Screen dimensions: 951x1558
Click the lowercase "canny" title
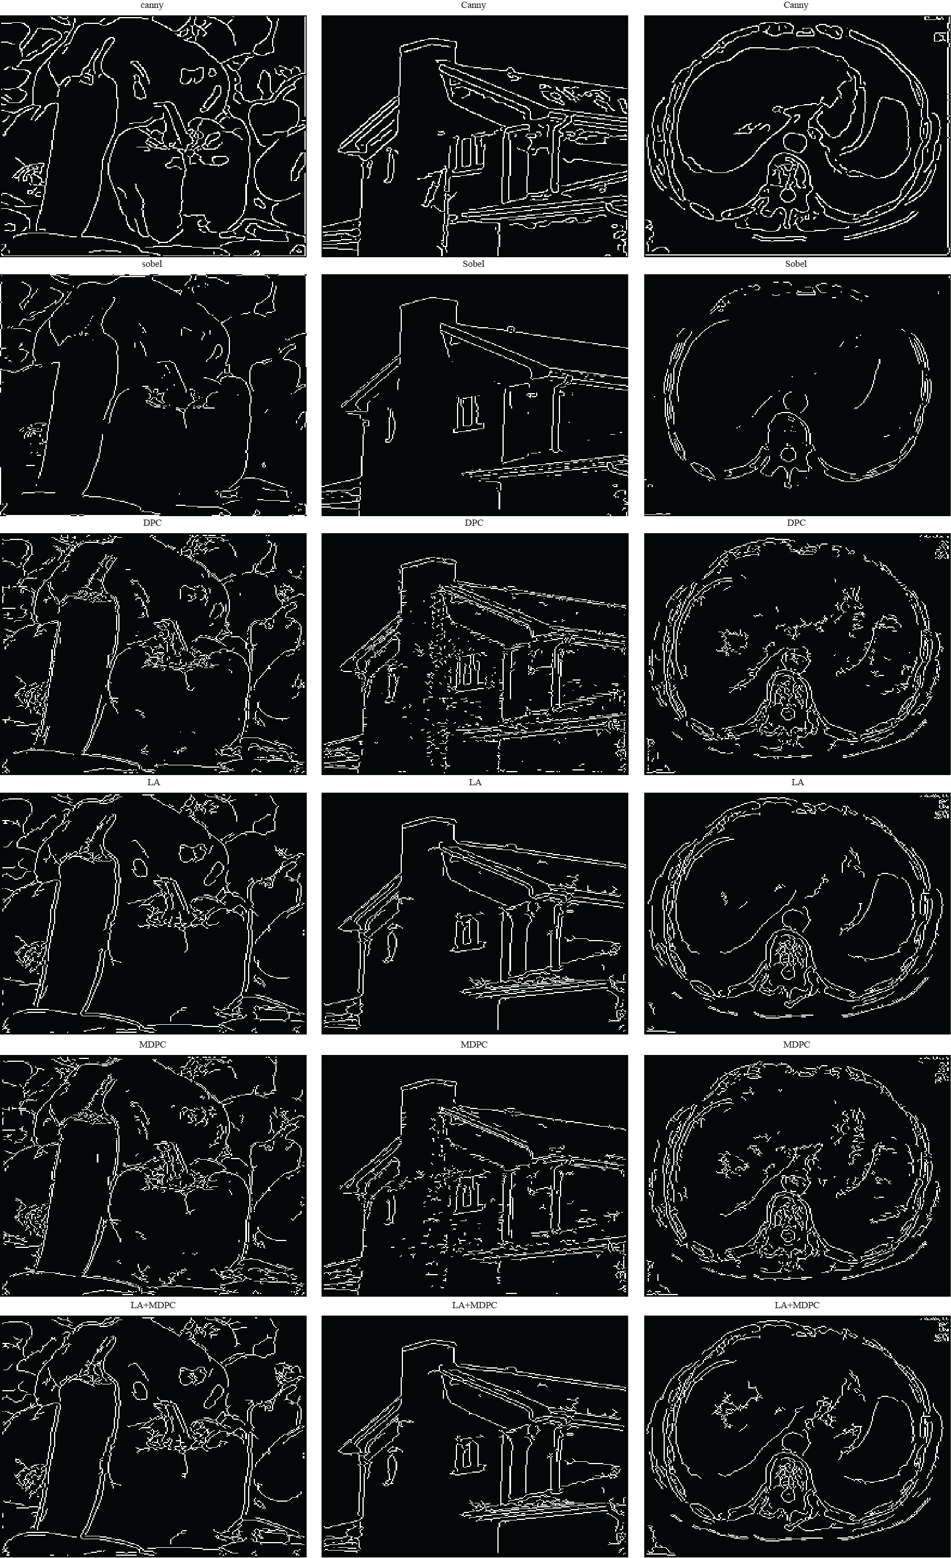click(x=152, y=5)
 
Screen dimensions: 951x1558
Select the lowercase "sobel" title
click(x=152, y=263)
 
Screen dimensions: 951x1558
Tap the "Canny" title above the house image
click(x=474, y=5)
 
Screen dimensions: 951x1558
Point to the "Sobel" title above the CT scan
click(x=796, y=263)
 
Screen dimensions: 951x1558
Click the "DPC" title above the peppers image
click(x=153, y=523)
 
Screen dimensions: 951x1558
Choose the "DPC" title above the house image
click(x=474, y=523)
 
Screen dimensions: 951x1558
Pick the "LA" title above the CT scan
click(x=797, y=782)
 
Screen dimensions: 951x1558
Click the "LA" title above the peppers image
click(x=154, y=782)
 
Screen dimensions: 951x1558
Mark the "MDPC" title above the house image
click(x=474, y=1045)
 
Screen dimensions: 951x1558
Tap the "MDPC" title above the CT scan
click(x=796, y=1045)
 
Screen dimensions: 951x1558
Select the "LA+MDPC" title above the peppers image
click(x=153, y=1304)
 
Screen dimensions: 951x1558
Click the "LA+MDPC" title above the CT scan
click(x=797, y=1304)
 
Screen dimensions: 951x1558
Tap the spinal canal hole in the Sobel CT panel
click(x=788, y=454)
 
